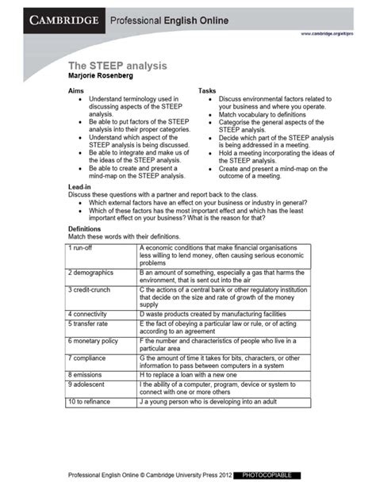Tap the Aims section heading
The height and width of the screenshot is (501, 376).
(77, 91)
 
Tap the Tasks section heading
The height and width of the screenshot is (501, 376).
(207, 91)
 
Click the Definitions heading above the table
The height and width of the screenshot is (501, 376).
(88, 228)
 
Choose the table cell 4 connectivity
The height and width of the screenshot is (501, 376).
(90, 314)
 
